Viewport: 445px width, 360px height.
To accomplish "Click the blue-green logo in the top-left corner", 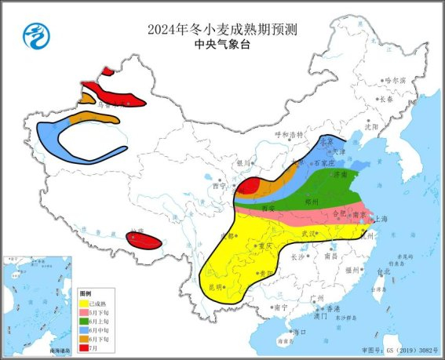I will [35, 35].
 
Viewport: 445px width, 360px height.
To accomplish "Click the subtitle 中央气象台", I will [222, 45].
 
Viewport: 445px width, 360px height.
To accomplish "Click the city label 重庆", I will [265, 245].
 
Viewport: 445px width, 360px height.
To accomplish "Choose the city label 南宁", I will [280, 307].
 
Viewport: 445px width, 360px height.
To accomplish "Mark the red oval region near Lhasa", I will [144, 240].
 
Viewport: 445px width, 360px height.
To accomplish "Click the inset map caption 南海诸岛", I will [59, 349].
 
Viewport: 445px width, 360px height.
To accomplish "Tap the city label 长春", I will [385, 100].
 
